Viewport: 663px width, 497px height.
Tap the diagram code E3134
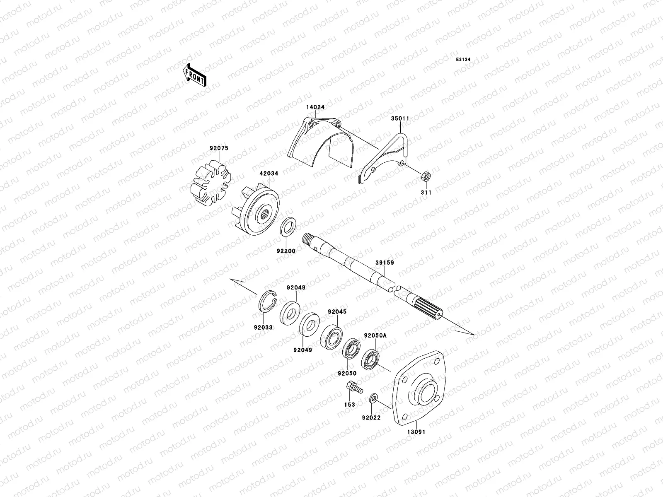point(463,60)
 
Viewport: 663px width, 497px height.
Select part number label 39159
point(385,263)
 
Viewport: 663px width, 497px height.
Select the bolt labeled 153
point(353,388)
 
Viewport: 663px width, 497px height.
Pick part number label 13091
point(416,432)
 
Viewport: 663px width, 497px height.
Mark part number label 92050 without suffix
point(347,373)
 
